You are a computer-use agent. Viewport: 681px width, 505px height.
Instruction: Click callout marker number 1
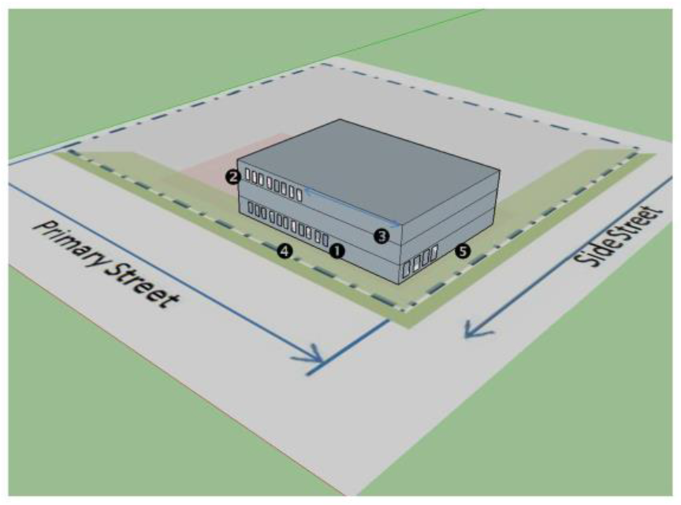[337, 251]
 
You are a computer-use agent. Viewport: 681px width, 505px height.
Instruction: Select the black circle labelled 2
[233, 177]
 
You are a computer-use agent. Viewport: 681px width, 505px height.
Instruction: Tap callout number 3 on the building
[381, 235]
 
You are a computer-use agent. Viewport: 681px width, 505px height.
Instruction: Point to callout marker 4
[285, 251]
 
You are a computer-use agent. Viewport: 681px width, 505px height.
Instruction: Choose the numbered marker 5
[463, 251]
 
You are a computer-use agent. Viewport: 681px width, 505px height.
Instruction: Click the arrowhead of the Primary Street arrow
[315, 359]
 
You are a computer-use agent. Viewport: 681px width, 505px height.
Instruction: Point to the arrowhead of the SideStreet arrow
[472, 329]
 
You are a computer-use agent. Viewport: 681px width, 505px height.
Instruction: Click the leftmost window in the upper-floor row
[247, 174]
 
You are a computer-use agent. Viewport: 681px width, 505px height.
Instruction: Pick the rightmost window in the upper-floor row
[300, 192]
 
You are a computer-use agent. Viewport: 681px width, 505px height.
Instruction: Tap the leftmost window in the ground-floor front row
[251, 209]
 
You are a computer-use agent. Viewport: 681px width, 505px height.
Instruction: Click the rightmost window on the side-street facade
[433, 254]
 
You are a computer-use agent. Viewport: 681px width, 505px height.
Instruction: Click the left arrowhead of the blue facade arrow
[309, 191]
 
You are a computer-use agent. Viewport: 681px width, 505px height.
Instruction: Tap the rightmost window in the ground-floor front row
[325, 237]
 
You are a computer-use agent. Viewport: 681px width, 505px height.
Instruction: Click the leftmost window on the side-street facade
[407, 270]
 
